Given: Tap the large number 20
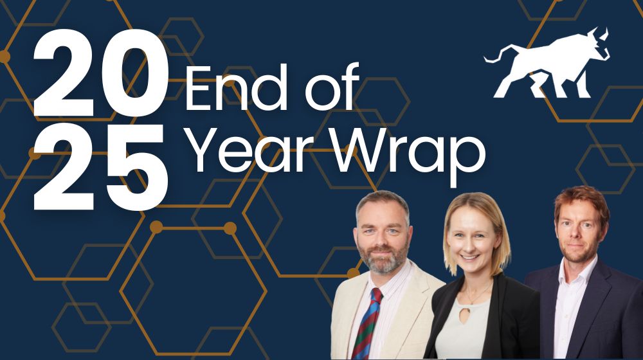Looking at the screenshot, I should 100,74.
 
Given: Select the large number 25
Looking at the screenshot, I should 100,164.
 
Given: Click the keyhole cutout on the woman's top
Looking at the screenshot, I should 475,318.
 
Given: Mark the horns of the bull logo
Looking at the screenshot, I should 601,35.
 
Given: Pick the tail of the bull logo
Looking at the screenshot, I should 491,57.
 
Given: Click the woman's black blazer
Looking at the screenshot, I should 514,321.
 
